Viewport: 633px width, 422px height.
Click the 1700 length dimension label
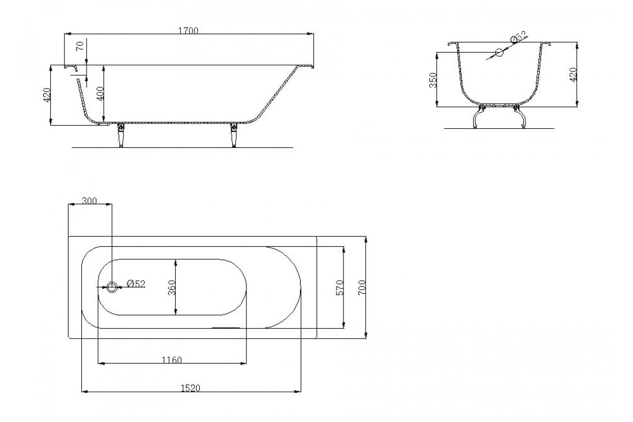tap(188, 31)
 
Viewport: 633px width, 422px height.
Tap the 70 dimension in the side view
tap(80, 46)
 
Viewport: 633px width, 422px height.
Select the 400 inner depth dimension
tap(100, 93)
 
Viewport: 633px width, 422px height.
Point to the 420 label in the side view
tap(46, 95)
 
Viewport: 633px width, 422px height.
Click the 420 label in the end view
tap(573, 74)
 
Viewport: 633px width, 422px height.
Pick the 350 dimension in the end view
tap(433, 80)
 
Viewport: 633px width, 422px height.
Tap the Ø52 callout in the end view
tap(519, 37)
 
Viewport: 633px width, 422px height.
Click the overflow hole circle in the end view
tap(500, 53)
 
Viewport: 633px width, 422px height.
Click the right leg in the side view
tap(234, 136)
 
